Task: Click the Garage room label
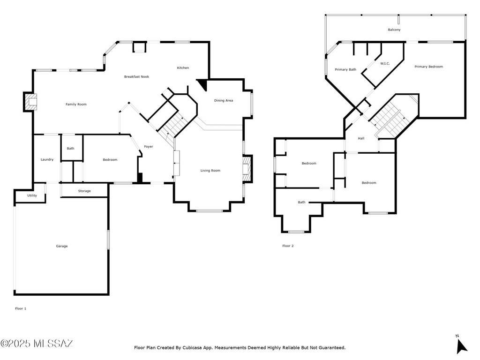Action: (x=62, y=246)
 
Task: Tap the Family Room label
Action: (x=76, y=104)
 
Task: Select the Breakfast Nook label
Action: (x=136, y=76)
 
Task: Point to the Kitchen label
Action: (x=183, y=68)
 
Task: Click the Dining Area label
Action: (x=224, y=100)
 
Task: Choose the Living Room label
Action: (x=210, y=171)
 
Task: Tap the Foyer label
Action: (x=149, y=147)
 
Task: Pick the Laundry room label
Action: (x=47, y=159)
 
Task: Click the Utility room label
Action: (x=32, y=195)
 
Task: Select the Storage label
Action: (x=84, y=191)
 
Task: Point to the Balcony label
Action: (x=394, y=30)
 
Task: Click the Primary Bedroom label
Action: (x=428, y=67)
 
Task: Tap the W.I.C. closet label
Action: (x=385, y=63)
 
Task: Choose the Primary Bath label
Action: (x=345, y=69)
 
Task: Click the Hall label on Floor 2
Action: (x=361, y=138)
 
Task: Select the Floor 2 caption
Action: (x=288, y=246)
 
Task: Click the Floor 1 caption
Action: (x=21, y=308)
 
